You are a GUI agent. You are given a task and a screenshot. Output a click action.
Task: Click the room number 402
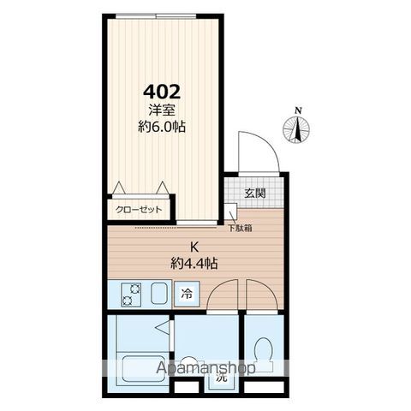(x=162, y=92)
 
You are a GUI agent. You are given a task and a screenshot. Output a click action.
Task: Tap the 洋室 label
(x=162, y=110)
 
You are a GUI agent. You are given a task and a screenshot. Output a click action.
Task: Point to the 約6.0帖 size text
(x=162, y=127)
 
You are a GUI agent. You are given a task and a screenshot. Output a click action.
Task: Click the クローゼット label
(x=139, y=210)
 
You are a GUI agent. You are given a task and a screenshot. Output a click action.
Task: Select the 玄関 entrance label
(x=255, y=194)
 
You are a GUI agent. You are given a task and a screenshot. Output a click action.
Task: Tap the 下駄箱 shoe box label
(x=240, y=228)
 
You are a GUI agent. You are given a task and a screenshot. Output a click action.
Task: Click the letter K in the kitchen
(x=194, y=247)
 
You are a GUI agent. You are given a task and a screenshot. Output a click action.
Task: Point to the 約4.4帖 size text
(x=194, y=264)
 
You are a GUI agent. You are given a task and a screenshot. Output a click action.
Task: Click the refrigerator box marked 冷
(x=187, y=294)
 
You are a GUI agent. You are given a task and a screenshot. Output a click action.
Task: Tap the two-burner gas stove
(x=131, y=295)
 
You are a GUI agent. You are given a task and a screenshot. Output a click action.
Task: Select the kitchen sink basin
(x=161, y=294)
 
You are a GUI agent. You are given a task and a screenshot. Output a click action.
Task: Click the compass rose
(x=296, y=129)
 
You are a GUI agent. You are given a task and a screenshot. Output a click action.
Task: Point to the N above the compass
(x=299, y=110)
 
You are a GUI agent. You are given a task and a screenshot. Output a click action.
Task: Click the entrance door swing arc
(x=265, y=143)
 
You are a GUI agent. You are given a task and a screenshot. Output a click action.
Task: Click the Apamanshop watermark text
(x=205, y=367)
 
